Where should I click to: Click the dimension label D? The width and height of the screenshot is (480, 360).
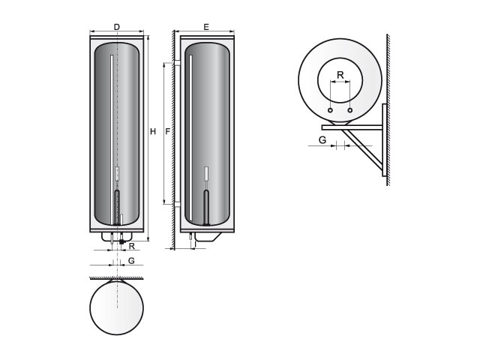(x=117, y=27)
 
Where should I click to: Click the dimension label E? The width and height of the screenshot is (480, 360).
(x=206, y=27)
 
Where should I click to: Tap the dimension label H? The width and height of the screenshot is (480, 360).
(x=153, y=132)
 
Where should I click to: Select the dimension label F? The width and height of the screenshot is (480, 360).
(x=168, y=132)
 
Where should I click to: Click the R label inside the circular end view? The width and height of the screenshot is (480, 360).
(x=340, y=75)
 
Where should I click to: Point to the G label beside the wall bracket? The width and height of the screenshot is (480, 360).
(x=322, y=140)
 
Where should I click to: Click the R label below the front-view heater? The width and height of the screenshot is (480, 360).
(x=132, y=246)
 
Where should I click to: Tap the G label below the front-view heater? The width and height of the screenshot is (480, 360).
(x=131, y=260)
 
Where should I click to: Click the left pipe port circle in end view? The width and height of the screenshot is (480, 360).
(x=330, y=110)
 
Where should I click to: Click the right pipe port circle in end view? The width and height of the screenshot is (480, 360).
(x=350, y=110)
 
